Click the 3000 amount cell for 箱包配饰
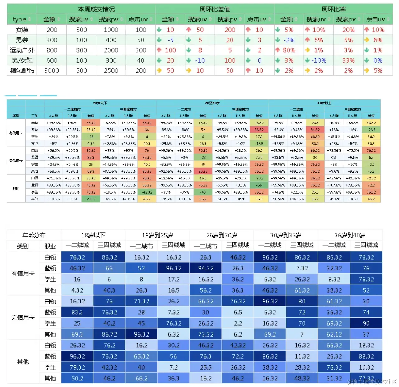click(52, 71)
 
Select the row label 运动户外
click(22, 50)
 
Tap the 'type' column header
click(20, 19)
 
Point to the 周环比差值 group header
click(215, 9)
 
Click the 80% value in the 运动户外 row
click(289, 50)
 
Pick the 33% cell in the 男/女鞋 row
click(348, 60)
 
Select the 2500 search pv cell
click(111, 71)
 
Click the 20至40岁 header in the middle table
click(212, 103)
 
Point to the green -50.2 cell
click(91, 199)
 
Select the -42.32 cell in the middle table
click(147, 192)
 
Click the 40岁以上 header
click(324, 103)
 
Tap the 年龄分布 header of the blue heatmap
click(34, 235)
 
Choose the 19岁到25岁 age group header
click(157, 235)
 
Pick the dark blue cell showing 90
click(366, 323)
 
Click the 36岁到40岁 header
click(350, 235)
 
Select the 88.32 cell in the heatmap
click(366, 356)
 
